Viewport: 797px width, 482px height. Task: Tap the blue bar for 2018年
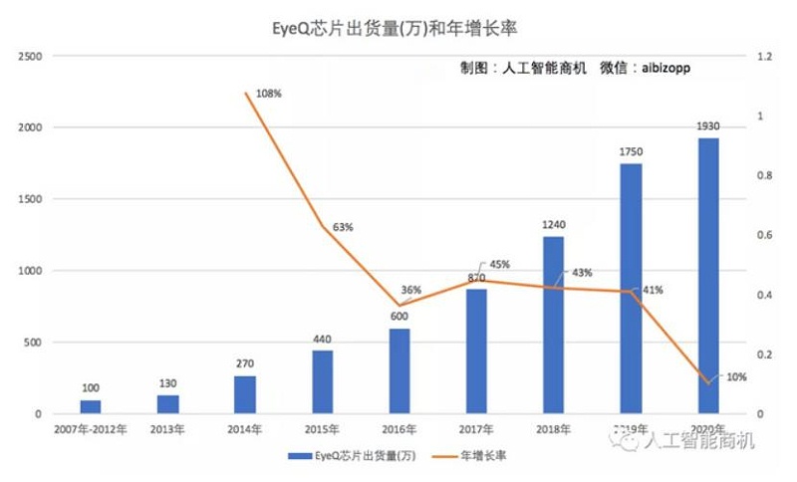[x=554, y=325]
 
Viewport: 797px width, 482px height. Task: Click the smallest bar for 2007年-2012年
[x=91, y=406]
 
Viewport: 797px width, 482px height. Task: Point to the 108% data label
[x=270, y=94]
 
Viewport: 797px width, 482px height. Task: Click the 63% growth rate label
[x=343, y=227]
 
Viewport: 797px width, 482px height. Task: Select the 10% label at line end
[x=737, y=376]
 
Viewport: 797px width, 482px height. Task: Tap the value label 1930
[x=708, y=126]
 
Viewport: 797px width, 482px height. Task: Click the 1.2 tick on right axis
[x=764, y=57]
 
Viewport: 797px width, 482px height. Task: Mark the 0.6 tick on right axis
[x=764, y=235]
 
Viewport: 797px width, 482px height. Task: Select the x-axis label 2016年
[x=399, y=429]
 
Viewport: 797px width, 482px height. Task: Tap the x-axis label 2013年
[x=167, y=429]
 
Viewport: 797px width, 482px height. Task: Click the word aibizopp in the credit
[x=660, y=69]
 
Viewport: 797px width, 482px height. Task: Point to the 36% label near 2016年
[x=410, y=290]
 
